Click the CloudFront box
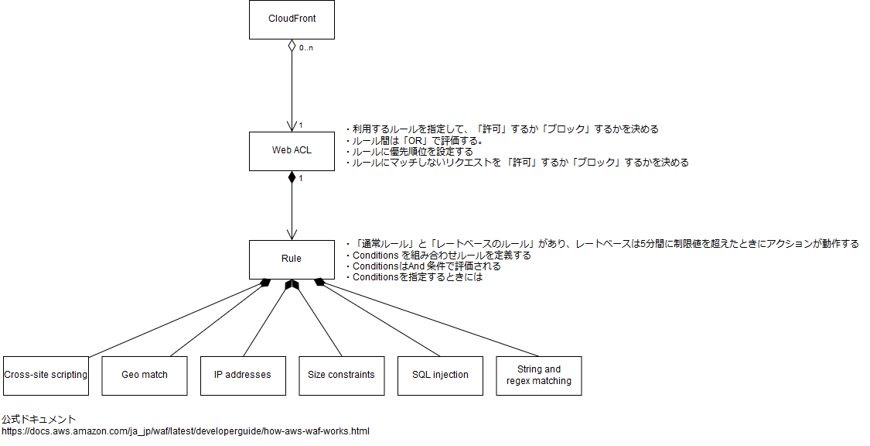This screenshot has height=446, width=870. [x=292, y=19]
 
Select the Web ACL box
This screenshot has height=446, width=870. [x=292, y=150]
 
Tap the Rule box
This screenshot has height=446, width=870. [x=292, y=259]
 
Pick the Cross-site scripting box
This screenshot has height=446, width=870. [x=46, y=376]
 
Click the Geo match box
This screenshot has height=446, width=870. [x=145, y=376]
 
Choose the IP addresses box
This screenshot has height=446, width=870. [x=243, y=376]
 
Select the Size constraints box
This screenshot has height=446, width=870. [x=341, y=376]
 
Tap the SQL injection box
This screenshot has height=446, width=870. [x=440, y=376]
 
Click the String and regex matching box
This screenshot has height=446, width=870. [x=539, y=376]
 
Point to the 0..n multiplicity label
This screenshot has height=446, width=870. [x=306, y=48]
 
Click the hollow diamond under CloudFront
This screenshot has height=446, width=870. [x=292, y=46]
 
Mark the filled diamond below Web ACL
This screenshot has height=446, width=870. [x=292, y=177]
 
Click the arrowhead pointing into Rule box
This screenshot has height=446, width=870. [x=292, y=235]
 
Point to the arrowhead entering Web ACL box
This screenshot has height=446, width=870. [x=292, y=126]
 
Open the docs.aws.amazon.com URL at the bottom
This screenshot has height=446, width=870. [x=186, y=431]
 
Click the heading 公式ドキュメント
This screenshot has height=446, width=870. [x=39, y=420]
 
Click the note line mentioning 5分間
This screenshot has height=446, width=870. [x=603, y=244]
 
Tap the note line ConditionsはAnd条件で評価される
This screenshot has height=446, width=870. [x=425, y=266]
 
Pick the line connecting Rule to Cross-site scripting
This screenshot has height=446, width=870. [x=178, y=319]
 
